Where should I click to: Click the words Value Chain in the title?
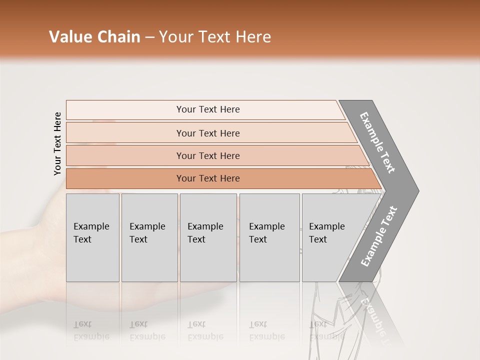pos(94,37)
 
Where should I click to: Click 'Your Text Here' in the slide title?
pos(215,37)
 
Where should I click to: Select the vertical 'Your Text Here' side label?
pos(57,143)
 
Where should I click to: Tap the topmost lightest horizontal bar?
pos(125,110)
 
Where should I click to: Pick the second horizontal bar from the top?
pos(125,133)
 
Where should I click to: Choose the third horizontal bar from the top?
pos(125,155)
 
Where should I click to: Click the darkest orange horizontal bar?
pos(125,178)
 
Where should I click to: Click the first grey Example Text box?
pos(92,250)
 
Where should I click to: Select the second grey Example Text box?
pos(149,250)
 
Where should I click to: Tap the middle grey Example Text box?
pos(208,250)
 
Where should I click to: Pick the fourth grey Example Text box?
pos(269,250)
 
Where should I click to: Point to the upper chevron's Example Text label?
pos(377,142)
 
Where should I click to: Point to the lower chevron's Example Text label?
pos(378,236)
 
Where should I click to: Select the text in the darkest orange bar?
pos(208,178)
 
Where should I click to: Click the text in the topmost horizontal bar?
pos(208,109)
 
